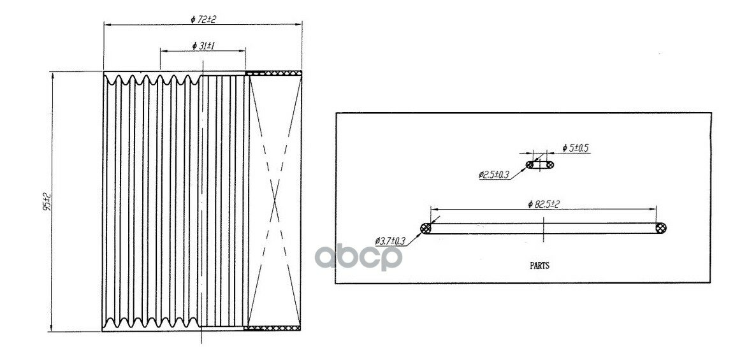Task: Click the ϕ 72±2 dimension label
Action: [x=203, y=19]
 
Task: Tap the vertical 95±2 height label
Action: [x=47, y=201]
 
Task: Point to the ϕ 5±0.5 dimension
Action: [x=576, y=148]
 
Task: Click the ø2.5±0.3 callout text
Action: [x=493, y=175]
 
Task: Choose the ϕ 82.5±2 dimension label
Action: [x=544, y=204]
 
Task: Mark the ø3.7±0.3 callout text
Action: [x=390, y=241]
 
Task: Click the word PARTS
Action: [x=539, y=266]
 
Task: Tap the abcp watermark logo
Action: [x=358, y=257]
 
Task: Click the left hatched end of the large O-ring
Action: [x=426, y=228]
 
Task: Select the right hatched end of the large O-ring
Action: [x=660, y=228]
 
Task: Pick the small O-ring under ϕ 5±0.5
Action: [x=540, y=164]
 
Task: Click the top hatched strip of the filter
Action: [x=273, y=73]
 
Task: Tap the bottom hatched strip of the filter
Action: [x=273, y=328]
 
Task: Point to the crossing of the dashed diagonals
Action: [x=275, y=201]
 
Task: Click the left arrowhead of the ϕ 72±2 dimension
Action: [x=107, y=24]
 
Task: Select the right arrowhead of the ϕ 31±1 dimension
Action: [x=242, y=50]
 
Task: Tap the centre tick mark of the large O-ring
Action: [x=544, y=229]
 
